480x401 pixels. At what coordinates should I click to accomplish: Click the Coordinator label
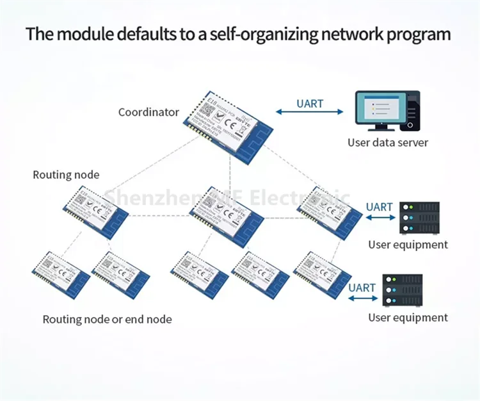148,112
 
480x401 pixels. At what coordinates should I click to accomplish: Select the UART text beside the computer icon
310,103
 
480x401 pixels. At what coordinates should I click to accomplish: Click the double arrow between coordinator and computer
310,113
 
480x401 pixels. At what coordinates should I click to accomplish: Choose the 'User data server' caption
388,142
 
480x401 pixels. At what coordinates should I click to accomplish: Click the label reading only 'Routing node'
66,175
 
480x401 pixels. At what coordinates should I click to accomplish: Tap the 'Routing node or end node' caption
107,319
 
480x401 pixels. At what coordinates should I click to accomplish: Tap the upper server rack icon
419,218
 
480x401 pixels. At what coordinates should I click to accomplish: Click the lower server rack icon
402,291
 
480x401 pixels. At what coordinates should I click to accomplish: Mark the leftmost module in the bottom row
61,274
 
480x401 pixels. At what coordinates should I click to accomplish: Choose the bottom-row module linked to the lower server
321,274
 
